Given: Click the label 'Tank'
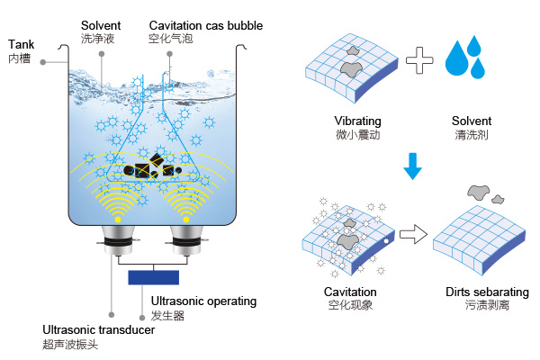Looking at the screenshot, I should pyautogui.click(x=21, y=43).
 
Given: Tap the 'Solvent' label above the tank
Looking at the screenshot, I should pyautogui.click(x=101, y=25).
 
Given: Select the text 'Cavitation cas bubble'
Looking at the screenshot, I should pyautogui.click(x=205, y=25).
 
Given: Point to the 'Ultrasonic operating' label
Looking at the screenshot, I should pyautogui.click(x=204, y=301).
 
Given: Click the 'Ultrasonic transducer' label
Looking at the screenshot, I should pyautogui.click(x=99, y=330).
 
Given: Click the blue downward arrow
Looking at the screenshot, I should pyautogui.click(x=412, y=165).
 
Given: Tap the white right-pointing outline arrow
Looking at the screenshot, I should pyautogui.click(x=412, y=235).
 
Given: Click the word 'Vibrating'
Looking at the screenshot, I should pyautogui.click(x=356, y=121).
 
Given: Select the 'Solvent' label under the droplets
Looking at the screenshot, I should pyautogui.click(x=472, y=121).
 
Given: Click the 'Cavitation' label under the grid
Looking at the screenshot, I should pyautogui.click(x=350, y=292).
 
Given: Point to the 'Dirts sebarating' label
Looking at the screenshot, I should pyautogui.click(x=487, y=292).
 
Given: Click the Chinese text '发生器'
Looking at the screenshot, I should pyautogui.click(x=168, y=316).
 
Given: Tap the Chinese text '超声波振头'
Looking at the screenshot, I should pyautogui.click(x=70, y=346).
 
